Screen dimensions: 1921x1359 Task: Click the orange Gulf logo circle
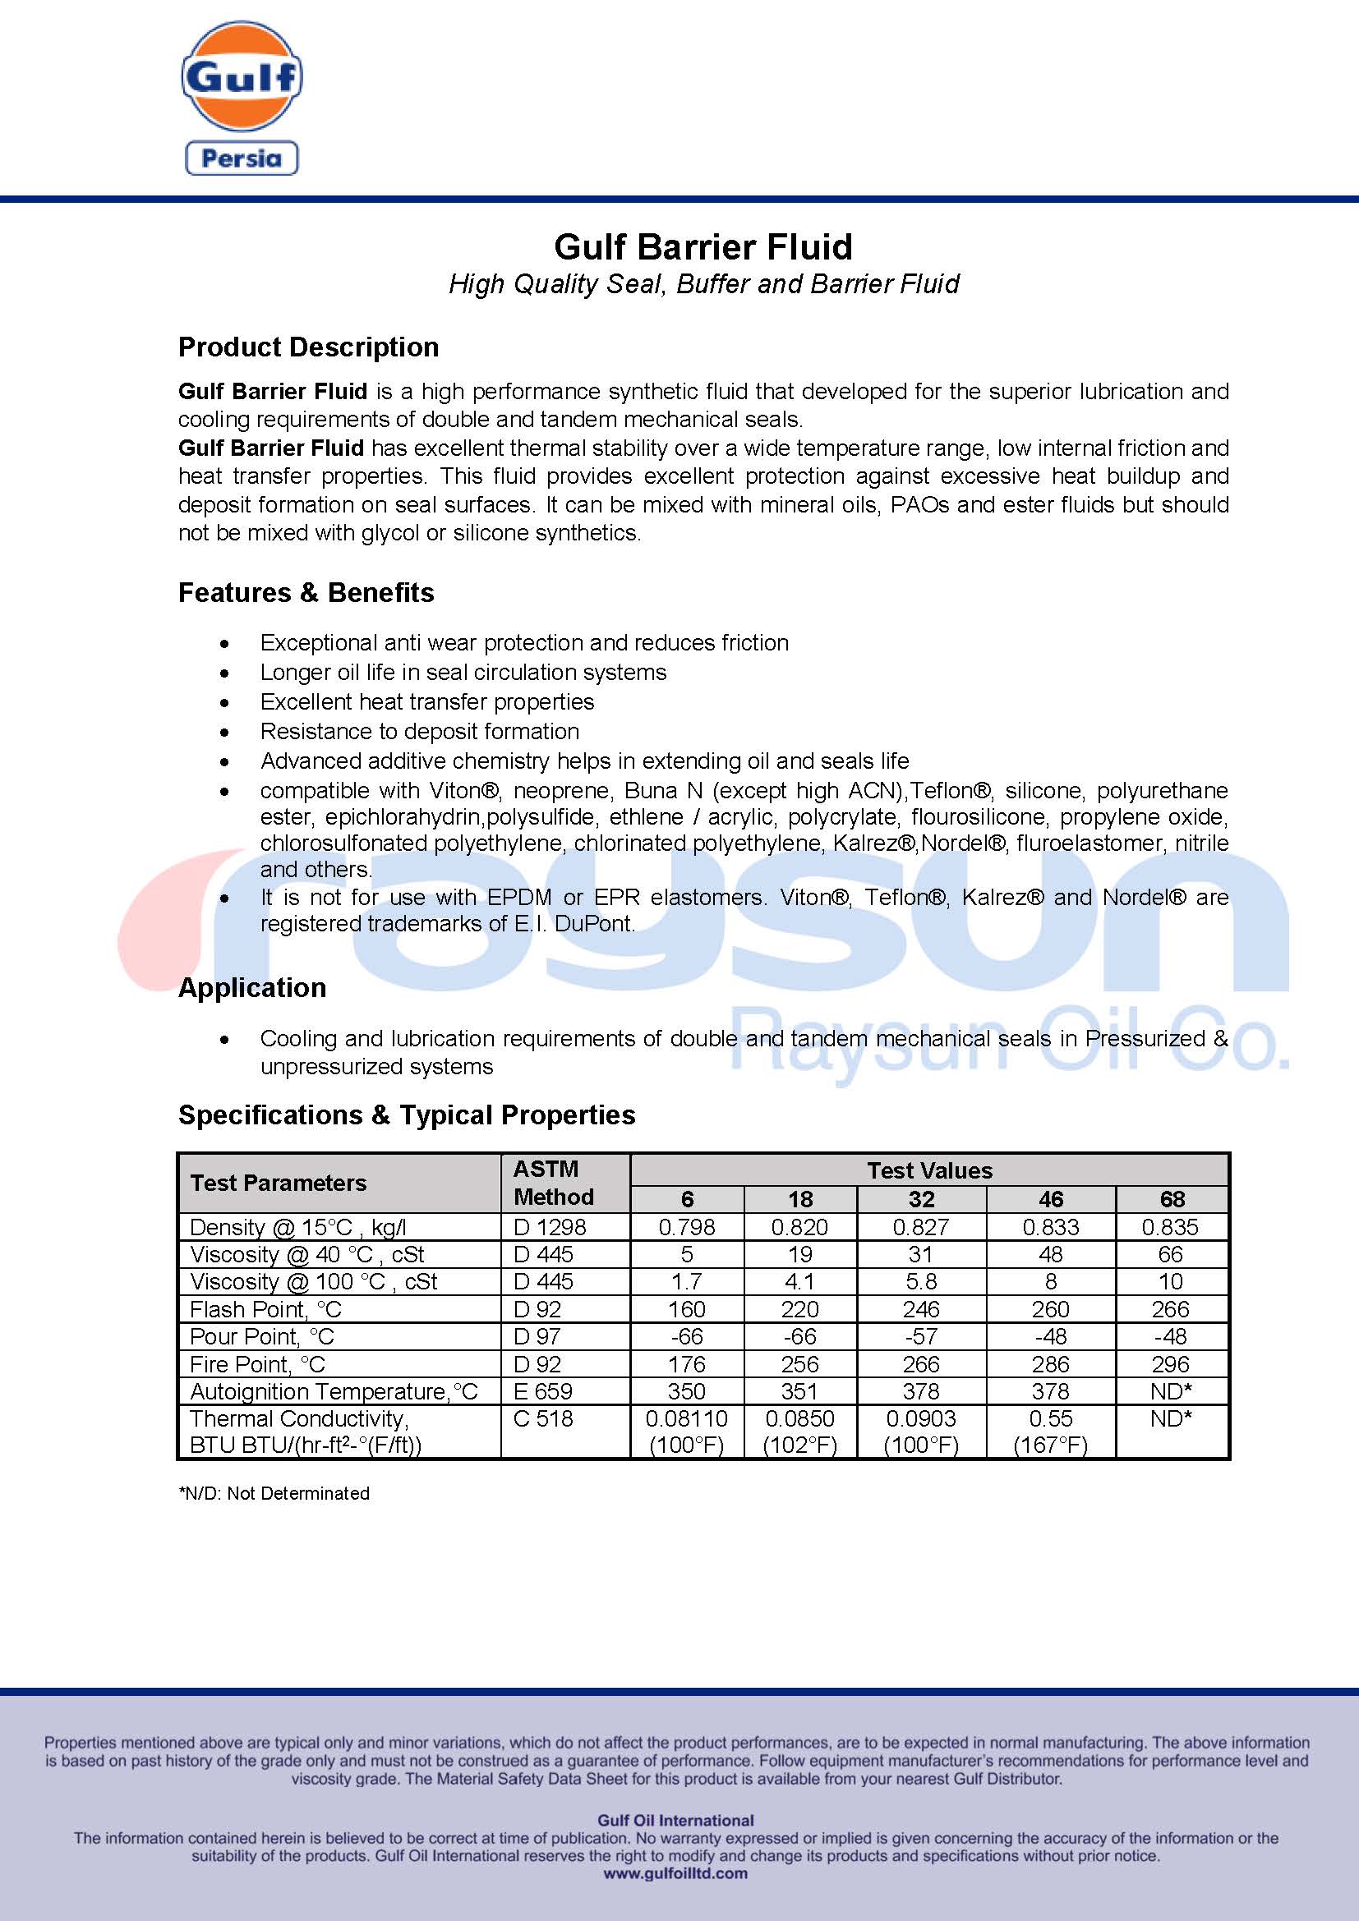[x=242, y=76]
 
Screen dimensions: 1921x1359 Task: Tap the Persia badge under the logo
[x=242, y=159]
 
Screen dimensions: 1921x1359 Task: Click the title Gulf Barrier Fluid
[x=703, y=247]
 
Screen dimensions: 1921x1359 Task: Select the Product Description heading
[x=308, y=347]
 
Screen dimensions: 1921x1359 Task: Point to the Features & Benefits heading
[x=306, y=592]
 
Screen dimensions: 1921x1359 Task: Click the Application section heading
[x=252, y=987]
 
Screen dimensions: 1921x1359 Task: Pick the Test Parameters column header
[x=278, y=1182]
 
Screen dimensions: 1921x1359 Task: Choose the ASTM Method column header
[x=553, y=1182]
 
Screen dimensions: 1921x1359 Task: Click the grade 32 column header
[x=920, y=1199]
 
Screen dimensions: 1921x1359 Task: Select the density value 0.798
[x=686, y=1226]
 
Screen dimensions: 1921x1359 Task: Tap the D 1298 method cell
[x=549, y=1226]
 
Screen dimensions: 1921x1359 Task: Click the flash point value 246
[x=920, y=1308]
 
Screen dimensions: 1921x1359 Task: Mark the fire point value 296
[x=1170, y=1364]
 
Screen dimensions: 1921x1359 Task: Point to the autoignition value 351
[x=799, y=1390]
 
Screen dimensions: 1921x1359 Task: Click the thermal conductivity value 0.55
[x=1050, y=1418]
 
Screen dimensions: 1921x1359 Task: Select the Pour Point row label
[x=261, y=1336]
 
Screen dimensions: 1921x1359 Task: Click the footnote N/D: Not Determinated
[x=274, y=1493]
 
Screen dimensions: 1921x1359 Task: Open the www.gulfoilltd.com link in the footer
[x=675, y=1873]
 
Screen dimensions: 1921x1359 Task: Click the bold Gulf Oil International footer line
[x=675, y=1820]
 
